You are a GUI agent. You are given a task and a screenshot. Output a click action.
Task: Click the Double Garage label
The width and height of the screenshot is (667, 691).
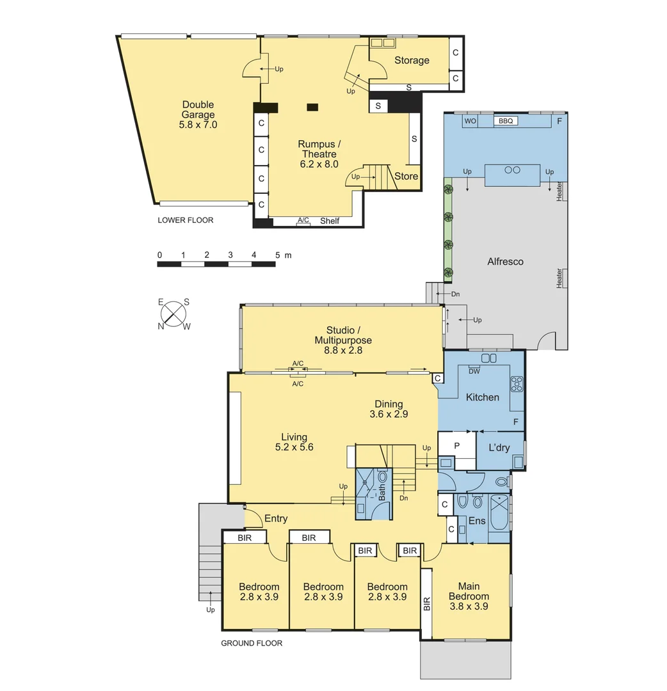(198, 115)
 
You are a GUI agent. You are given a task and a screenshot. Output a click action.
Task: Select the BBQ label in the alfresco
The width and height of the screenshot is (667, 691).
(505, 121)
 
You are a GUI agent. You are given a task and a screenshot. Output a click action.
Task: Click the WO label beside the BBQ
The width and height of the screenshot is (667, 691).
(470, 121)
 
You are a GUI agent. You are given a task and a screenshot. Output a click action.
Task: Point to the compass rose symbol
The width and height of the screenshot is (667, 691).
(173, 313)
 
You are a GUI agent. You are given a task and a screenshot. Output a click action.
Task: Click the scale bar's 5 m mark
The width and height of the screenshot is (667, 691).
(278, 255)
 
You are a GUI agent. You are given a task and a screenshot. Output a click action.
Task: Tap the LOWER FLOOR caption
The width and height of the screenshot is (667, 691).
(185, 220)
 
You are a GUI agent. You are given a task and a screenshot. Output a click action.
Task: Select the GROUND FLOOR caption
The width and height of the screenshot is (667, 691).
(252, 643)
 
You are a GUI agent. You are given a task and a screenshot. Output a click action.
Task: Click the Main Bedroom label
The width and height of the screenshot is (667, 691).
(473, 596)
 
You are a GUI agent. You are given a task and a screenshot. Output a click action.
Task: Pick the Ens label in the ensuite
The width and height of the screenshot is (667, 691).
(477, 521)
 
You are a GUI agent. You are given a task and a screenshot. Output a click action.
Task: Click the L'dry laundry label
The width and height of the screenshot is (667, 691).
(499, 447)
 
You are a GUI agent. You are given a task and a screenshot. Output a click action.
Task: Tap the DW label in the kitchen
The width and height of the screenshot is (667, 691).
(474, 371)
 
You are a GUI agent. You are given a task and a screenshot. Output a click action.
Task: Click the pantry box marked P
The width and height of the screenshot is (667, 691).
(457, 445)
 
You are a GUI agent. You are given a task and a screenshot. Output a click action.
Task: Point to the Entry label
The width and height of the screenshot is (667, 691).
(275, 518)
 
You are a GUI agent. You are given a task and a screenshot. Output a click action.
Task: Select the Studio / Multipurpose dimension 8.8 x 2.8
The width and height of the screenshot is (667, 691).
(343, 350)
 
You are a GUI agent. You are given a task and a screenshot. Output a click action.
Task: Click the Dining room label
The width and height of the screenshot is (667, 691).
(389, 404)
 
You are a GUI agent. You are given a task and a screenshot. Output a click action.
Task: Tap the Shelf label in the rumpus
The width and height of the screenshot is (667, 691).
(330, 221)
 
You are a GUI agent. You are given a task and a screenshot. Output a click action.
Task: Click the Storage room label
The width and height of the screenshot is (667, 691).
(412, 60)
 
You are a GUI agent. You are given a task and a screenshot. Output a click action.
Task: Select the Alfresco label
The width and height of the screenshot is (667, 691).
(505, 261)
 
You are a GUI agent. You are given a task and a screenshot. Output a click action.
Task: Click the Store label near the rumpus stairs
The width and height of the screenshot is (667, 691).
(406, 177)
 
